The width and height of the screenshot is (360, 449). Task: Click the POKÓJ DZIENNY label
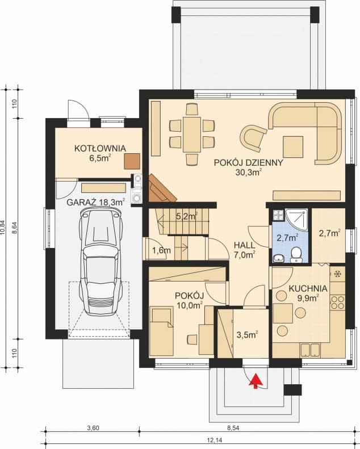click(x=248, y=162)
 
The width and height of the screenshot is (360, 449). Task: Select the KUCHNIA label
click(x=307, y=288)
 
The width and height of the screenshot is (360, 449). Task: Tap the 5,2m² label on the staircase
click(x=186, y=216)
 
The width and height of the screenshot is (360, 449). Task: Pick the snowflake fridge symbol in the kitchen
click(x=337, y=274)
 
